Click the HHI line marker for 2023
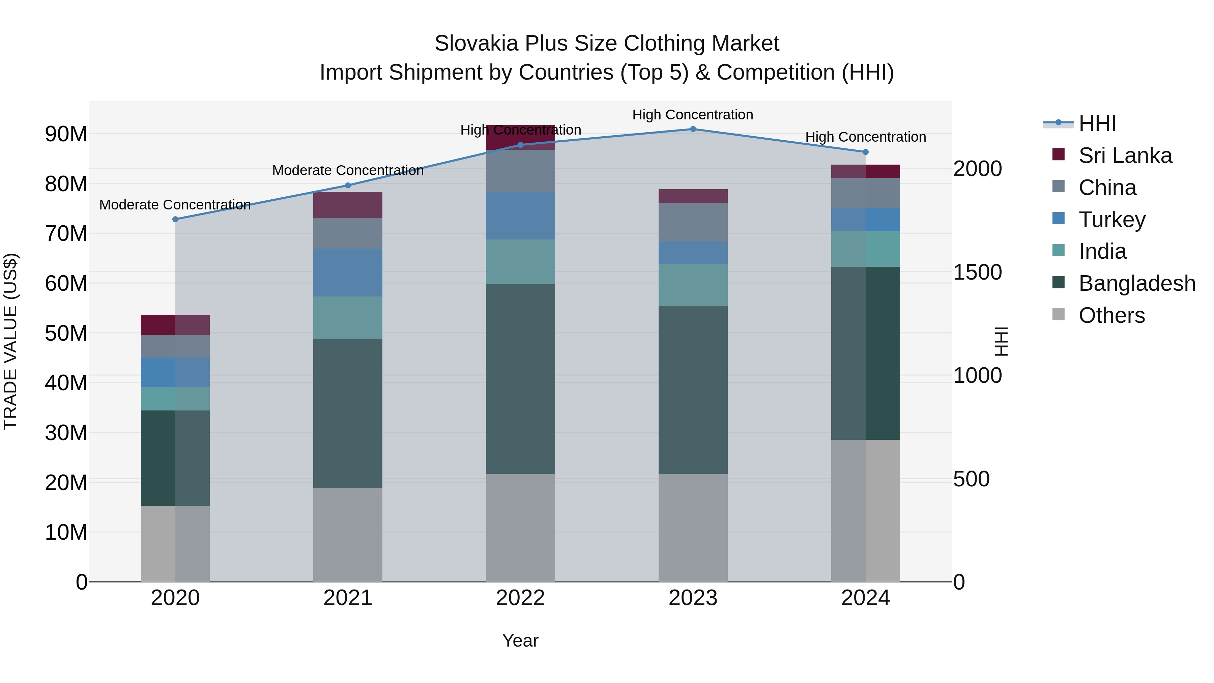pos(693,129)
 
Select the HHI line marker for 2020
pos(175,219)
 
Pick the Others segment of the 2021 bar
pos(348,535)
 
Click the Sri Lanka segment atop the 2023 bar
pos(693,196)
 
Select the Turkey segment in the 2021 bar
pos(348,273)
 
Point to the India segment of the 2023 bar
pos(693,285)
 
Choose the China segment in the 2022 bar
pos(520,171)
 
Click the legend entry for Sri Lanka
pos(1125,155)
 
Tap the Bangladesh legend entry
pos(1137,283)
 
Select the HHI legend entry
pos(1097,123)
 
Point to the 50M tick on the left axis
pos(66,333)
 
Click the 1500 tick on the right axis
pos(977,273)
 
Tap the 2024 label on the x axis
pos(865,598)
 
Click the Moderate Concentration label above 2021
pos(348,171)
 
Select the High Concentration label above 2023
pos(693,115)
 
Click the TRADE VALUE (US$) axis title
pos(10,341)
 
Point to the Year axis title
pos(520,641)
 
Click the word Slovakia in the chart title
pos(476,44)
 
